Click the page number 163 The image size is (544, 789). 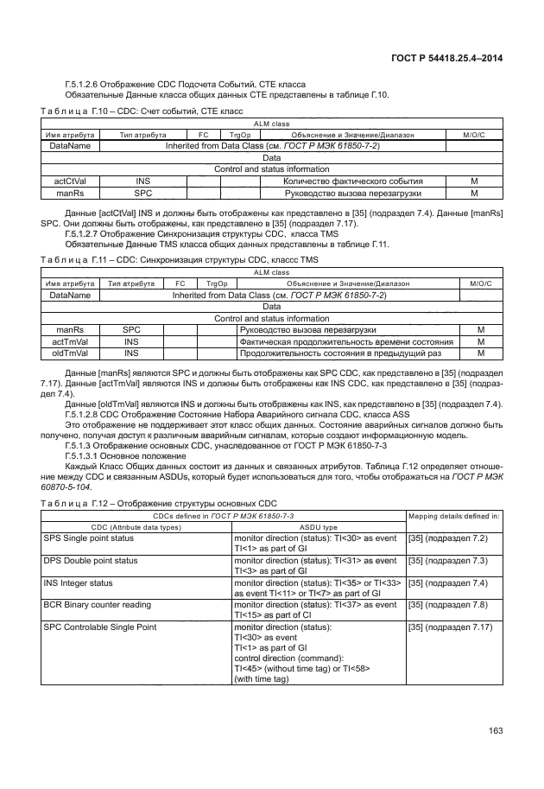coord(495,732)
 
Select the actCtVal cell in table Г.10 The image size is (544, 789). coord(67,181)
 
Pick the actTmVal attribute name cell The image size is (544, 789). coord(66,341)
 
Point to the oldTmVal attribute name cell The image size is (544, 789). coord(66,353)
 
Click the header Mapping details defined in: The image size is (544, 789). coord(454,516)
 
